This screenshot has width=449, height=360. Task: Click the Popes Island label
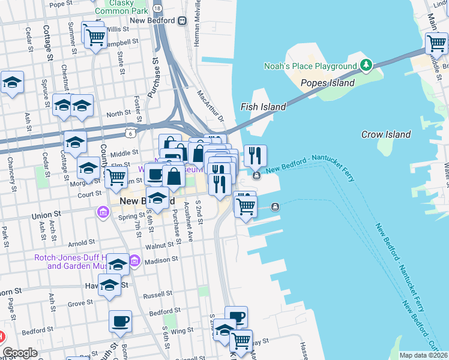(x=327, y=83)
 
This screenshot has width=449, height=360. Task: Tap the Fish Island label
(x=263, y=107)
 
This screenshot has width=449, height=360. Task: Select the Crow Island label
(x=386, y=135)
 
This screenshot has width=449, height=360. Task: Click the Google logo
(x=20, y=353)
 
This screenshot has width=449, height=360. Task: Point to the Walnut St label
(x=159, y=246)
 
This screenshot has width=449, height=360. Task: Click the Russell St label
(x=158, y=295)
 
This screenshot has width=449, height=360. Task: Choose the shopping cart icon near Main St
(x=436, y=43)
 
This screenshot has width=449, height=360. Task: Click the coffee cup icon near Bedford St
(x=120, y=320)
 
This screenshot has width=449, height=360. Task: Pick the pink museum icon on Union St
(x=102, y=212)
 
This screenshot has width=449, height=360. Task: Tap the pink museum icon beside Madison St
(x=134, y=260)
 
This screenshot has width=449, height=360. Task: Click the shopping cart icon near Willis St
(x=95, y=37)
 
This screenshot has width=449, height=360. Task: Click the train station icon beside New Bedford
(x=182, y=20)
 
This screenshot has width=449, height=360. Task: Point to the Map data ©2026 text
(x=423, y=355)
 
